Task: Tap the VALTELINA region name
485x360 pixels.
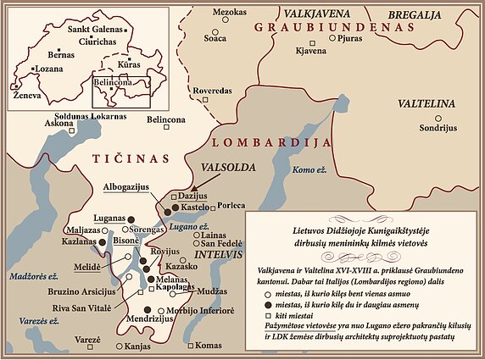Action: (x=426, y=103)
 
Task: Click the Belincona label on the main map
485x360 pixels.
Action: (x=166, y=120)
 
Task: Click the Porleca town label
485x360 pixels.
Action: (x=231, y=205)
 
